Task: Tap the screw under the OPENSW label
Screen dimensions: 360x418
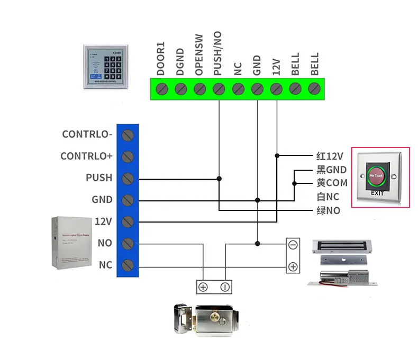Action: pos(199,88)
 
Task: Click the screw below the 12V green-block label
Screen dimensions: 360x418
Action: pos(276,88)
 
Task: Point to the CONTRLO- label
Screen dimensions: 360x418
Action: pos(87,134)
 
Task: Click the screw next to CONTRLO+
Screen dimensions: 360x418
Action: pos(128,156)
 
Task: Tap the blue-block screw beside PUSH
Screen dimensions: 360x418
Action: pos(128,178)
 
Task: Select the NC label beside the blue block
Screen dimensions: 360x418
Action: pos(106,265)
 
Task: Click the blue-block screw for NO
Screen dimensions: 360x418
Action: pos(128,243)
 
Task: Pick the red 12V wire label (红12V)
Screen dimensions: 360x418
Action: pos(330,156)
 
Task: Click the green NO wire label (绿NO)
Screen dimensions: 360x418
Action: pos(328,211)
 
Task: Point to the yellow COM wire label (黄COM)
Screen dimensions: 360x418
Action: pos(332,183)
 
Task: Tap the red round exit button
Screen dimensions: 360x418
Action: pos(377,175)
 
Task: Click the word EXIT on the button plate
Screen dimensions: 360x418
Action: pos(377,193)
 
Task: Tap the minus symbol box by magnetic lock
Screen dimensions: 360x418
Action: pos(293,245)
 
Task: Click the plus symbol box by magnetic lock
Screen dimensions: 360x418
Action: pos(293,267)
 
